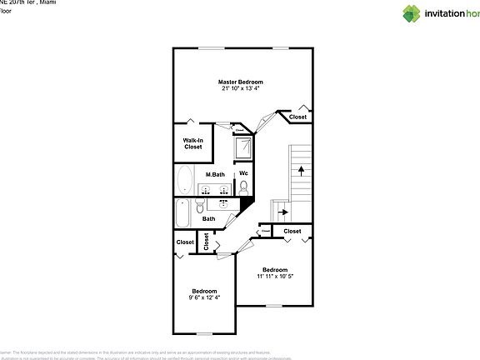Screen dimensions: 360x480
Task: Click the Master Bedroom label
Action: click(x=240, y=82)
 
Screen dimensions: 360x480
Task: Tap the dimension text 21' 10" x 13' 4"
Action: click(x=240, y=89)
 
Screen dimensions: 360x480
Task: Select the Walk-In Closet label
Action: click(x=192, y=143)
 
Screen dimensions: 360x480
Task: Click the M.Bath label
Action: click(x=215, y=174)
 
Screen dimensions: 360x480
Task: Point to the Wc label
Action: click(x=243, y=173)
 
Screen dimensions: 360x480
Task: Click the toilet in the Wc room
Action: click(x=243, y=189)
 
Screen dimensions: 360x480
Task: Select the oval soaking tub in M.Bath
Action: click(x=184, y=179)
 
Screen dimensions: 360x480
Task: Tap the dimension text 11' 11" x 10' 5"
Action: click(x=274, y=277)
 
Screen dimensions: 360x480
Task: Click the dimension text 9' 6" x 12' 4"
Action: click(x=204, y=297)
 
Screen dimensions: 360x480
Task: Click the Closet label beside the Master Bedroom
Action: click(x=297, y=117)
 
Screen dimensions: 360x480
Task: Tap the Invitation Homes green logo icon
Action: click(x=412, y=12)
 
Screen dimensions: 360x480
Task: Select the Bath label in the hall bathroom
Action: click(x=208, y=219)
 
